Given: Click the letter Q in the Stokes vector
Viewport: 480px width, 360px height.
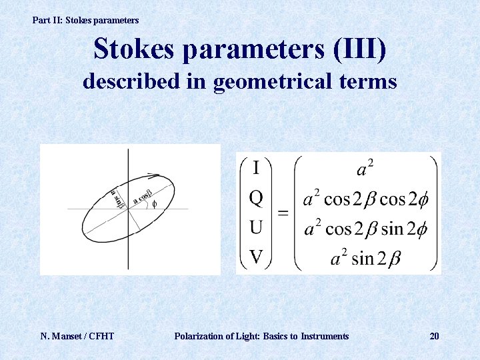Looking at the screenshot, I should [x=257, y=198].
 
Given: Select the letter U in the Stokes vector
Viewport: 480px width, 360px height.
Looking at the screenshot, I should [x=257, y=227].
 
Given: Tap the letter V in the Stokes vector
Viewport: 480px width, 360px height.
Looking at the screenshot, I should [x=257, y=257].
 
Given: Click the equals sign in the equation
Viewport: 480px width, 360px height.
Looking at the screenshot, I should [x=283, y=213].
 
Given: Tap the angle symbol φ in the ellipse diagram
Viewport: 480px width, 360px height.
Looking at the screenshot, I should [x=155, y=204].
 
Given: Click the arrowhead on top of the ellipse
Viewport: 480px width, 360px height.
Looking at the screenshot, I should [x=154, y=176].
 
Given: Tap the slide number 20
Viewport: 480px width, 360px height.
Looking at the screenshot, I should [x=434, y=336].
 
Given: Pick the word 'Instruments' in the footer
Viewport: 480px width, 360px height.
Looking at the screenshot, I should [x=325, y=336].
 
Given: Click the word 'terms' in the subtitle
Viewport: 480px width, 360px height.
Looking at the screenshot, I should [x=371, y=81].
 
